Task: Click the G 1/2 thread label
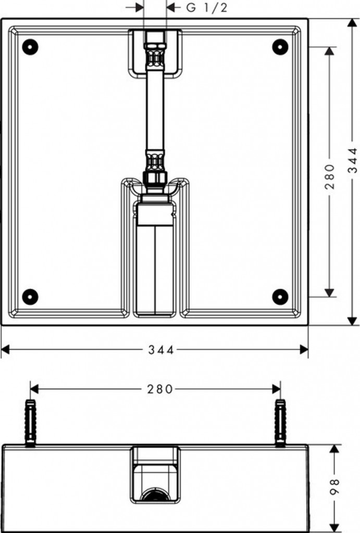(x=206, y=7)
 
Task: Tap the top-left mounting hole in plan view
(x=30, y=47)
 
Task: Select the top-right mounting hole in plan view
(x=280, y=47)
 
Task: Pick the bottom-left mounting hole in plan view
(x=30, y=297)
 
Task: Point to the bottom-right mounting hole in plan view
(x=280, y=297)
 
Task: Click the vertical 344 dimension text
(x=353, y=160)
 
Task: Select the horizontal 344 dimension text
(x=161, y=350)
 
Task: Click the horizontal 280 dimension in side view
(x=160, y=389)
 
